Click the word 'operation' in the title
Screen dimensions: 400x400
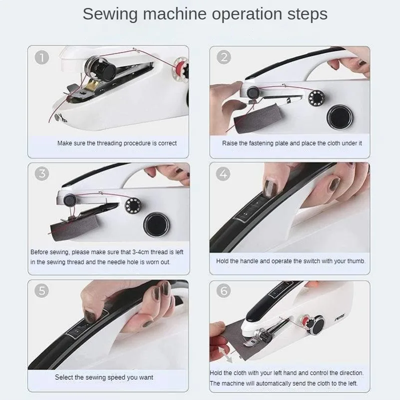[247, 14]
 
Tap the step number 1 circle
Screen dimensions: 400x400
[41, 57]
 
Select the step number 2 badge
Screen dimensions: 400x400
[223, 57]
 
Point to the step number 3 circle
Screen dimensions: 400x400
[41, 174]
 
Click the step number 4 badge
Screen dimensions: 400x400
[223, 174]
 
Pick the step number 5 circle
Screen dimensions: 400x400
[41, 291]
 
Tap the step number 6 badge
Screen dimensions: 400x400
[223, 291]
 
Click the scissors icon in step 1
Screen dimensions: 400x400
[61, 118]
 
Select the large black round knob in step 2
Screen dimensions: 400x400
[340, 117]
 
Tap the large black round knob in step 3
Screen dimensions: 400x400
[156, 225]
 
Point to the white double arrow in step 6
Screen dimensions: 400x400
[225, 355]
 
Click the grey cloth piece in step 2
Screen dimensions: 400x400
[258, 119]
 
